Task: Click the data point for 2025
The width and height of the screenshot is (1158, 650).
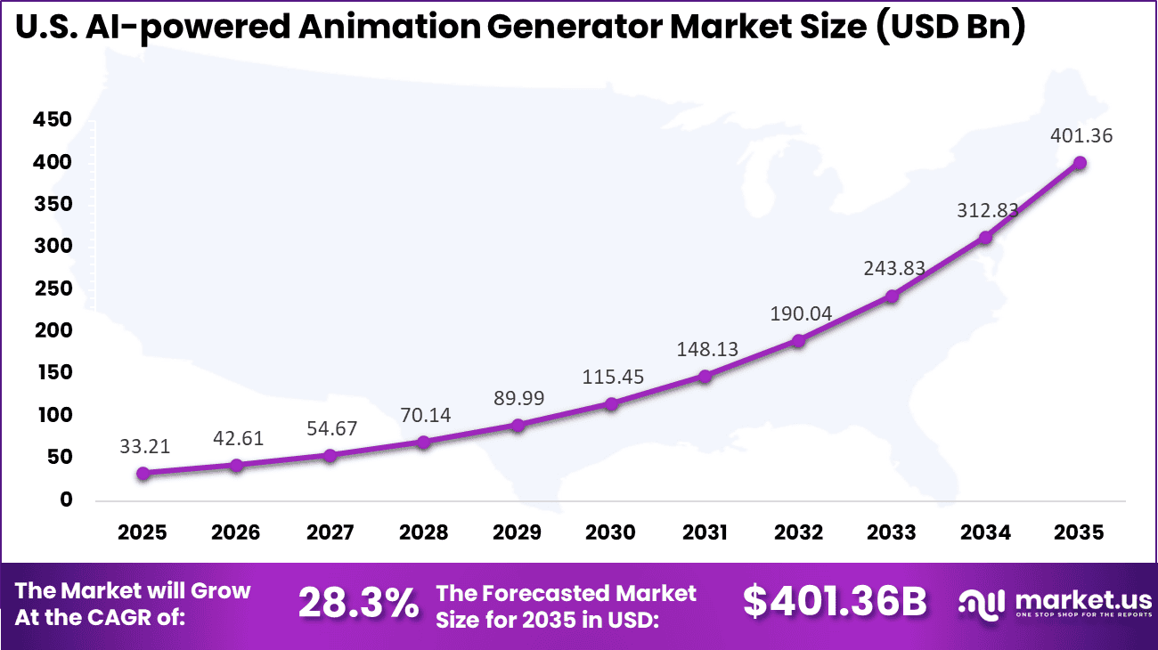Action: (x=143, y=474)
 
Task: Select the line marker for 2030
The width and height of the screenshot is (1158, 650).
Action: (x=611, y=404)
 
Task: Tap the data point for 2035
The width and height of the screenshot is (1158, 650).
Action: (x=1080, y=163)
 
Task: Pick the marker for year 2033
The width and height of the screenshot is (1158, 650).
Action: (x=892, y=296)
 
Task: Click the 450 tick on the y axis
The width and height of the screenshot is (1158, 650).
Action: (x=53, y=120)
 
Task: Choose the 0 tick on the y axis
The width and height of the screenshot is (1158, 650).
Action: (x=66, y=500)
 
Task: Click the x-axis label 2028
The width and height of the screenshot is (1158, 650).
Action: (x=423, y=533)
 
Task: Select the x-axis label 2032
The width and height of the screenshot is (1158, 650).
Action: (x=798, y=533)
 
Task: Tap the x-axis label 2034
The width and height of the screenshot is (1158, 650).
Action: (x=985, y=533)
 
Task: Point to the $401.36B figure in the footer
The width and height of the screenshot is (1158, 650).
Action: (x=835, y=603)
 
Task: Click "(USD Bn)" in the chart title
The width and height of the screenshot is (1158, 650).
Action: (x=949, y=28)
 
